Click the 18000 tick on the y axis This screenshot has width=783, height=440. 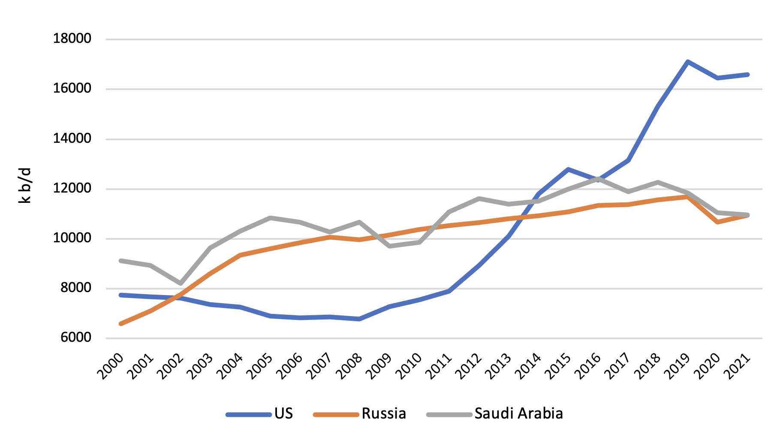tap(72, 39)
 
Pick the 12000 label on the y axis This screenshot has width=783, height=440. tap(72, 188)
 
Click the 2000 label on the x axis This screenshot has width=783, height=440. tap(111, 366)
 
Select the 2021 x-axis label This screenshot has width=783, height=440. tap(738, 366)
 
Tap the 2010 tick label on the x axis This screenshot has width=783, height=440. tap(409, 366)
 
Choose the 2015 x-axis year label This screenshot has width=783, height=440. tap(558, 366)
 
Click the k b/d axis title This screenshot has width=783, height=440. tap(25, 185)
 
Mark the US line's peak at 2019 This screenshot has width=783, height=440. tap(687, 62)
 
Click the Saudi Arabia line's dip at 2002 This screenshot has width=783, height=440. tap(181, 283)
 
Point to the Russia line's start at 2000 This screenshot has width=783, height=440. tap(121, 324)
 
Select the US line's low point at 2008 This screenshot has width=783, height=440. tap(359, 319)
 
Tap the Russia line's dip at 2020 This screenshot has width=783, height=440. tap(717, 222)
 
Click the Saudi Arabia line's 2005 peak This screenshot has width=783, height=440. tap(270, 218)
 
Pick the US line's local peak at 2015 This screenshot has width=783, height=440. tap(568, 169)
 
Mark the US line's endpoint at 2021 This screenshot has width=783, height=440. tap(747, 75)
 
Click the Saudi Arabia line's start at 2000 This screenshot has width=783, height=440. tap(121, 260)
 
